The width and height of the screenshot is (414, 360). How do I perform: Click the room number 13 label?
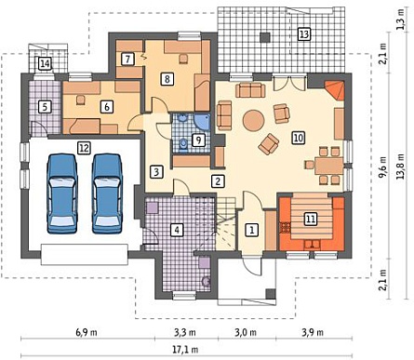click(x=304, y=33)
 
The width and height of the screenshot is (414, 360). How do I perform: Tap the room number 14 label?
click(x=45, y=64)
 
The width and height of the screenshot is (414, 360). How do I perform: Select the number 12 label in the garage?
click(x=84, y=148)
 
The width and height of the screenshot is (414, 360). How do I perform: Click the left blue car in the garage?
click(x=62, y=193)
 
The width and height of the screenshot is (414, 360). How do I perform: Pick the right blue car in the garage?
click(x=107, y=193)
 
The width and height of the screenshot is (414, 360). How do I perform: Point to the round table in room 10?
click(x=253, y=121)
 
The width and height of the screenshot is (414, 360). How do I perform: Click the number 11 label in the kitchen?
click(x=311, y=219)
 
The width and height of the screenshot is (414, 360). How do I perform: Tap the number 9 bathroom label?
click(x=198, y=140)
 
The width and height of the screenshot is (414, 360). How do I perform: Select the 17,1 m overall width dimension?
click(x=185, y=350)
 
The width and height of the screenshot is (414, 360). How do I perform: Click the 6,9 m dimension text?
click(x=87, y=333)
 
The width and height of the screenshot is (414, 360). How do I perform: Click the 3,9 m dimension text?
click(x=313, y=333)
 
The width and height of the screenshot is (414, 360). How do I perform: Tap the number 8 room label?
click(x=167, y=79)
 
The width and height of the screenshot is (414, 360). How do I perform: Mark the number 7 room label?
click(x=127, y=59)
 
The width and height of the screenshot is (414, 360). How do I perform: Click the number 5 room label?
click(x=45, y=107)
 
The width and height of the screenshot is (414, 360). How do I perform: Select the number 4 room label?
click(x=177, y=230)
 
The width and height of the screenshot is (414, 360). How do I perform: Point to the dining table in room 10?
click(x=328, y=167)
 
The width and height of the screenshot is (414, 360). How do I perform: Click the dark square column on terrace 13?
click(x=264, y=37)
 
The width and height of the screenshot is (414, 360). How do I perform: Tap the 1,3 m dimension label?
click(x=402, y=18)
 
